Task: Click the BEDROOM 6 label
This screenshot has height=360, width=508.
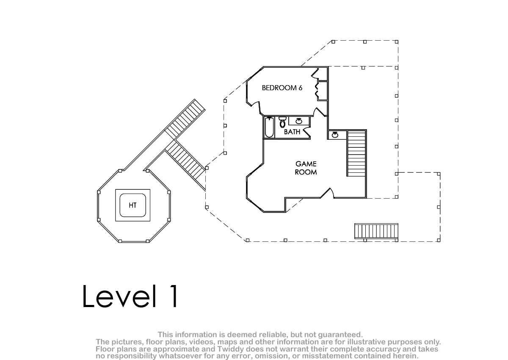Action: tap(282, 88)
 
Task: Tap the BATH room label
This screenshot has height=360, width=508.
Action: tap(292, 132)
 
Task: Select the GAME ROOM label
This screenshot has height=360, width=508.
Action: tap(306, 168)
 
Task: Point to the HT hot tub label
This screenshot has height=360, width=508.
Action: tap(133, 205)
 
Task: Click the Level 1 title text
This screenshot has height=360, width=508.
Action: tap(130, 296)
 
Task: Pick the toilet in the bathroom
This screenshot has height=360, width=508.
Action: tap(282, 122)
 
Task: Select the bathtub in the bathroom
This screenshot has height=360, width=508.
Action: tap(269, 127)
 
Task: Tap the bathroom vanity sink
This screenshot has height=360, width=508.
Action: tap(299, 121)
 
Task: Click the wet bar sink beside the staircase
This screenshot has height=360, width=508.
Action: tap(335, 135)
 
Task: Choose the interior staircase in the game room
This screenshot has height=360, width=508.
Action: tap(356, 153)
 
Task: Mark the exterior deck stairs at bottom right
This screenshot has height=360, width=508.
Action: tap(376, 231)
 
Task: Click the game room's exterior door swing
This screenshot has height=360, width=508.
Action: tap(327, 193)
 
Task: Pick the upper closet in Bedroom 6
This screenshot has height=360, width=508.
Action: tap(323, 74)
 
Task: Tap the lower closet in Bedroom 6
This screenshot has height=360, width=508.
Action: tap(323, 91)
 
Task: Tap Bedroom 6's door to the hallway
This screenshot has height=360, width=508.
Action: tap(320, 112)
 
